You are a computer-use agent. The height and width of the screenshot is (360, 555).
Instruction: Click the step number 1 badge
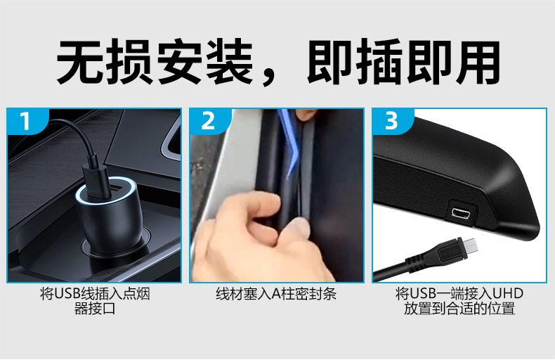click(25, 121)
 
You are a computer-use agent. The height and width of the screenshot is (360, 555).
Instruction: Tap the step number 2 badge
click(208, 121)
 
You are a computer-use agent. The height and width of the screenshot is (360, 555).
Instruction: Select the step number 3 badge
click(391, 121)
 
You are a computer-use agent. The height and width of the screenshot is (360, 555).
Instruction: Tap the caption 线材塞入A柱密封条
click(276, 294)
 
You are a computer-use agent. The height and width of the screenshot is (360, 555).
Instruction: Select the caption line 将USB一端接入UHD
click(459, 294)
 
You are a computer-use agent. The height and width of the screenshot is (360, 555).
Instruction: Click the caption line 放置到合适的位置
click(459, 309)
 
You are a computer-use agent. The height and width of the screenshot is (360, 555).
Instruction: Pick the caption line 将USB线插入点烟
click(95, 294)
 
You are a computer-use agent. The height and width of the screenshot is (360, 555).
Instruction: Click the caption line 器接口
click(95, 309)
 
